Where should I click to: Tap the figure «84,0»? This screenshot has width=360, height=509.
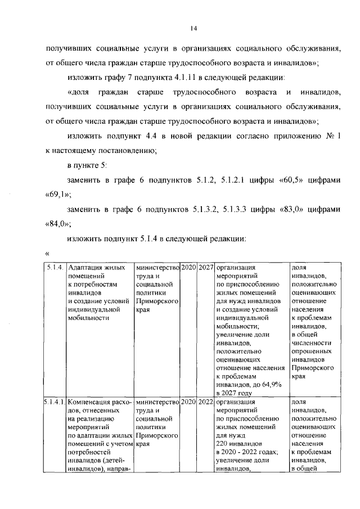[57, 224]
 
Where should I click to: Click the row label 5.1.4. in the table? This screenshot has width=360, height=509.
[56, 268]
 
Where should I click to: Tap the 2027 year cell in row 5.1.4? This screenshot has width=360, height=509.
[206, 268]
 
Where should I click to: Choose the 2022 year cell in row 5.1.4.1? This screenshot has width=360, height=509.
[206, 402]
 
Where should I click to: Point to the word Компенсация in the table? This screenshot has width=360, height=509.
[91, 402]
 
